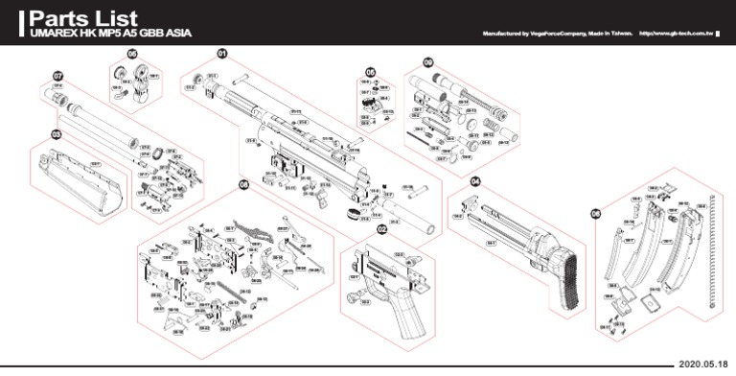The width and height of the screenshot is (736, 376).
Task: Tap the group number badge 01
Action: coord(222,54)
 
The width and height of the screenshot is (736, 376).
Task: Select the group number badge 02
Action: coord(381,229)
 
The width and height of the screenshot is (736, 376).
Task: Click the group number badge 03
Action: coord(57,135)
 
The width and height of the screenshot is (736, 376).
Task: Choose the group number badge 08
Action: coord(243,184)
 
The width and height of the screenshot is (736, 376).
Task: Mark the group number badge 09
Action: coord(427,62)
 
